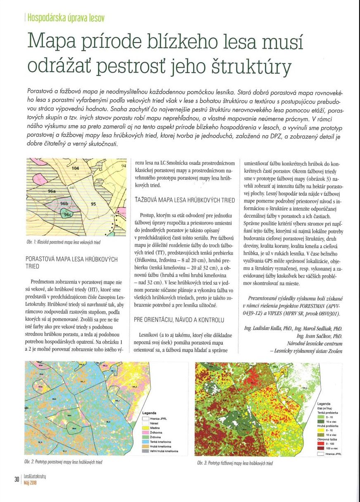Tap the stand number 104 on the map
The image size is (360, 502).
pyautogui.click(x=75, y=168)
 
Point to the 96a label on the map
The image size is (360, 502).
pyautogui.click(x=52, y=191)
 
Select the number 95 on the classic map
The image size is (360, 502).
pyautogui.click(x=93, y=204)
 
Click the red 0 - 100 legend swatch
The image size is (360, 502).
pyautogui.click(x=321, y=443)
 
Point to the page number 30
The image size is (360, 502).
pyautogui.click(x=16, y=479)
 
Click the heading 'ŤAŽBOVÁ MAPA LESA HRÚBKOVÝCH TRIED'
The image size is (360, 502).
pyautogui.click(x=179, y=199)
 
